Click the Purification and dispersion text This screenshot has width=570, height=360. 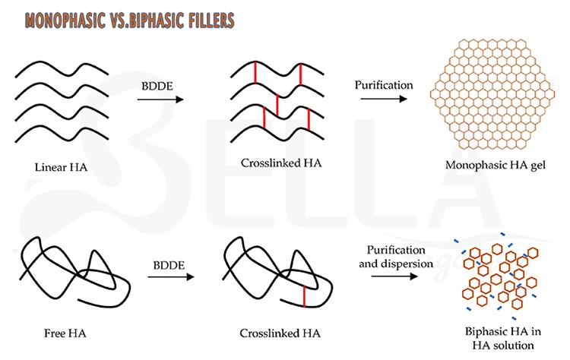point(394,257)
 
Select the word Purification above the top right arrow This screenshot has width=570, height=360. point(384,84)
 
